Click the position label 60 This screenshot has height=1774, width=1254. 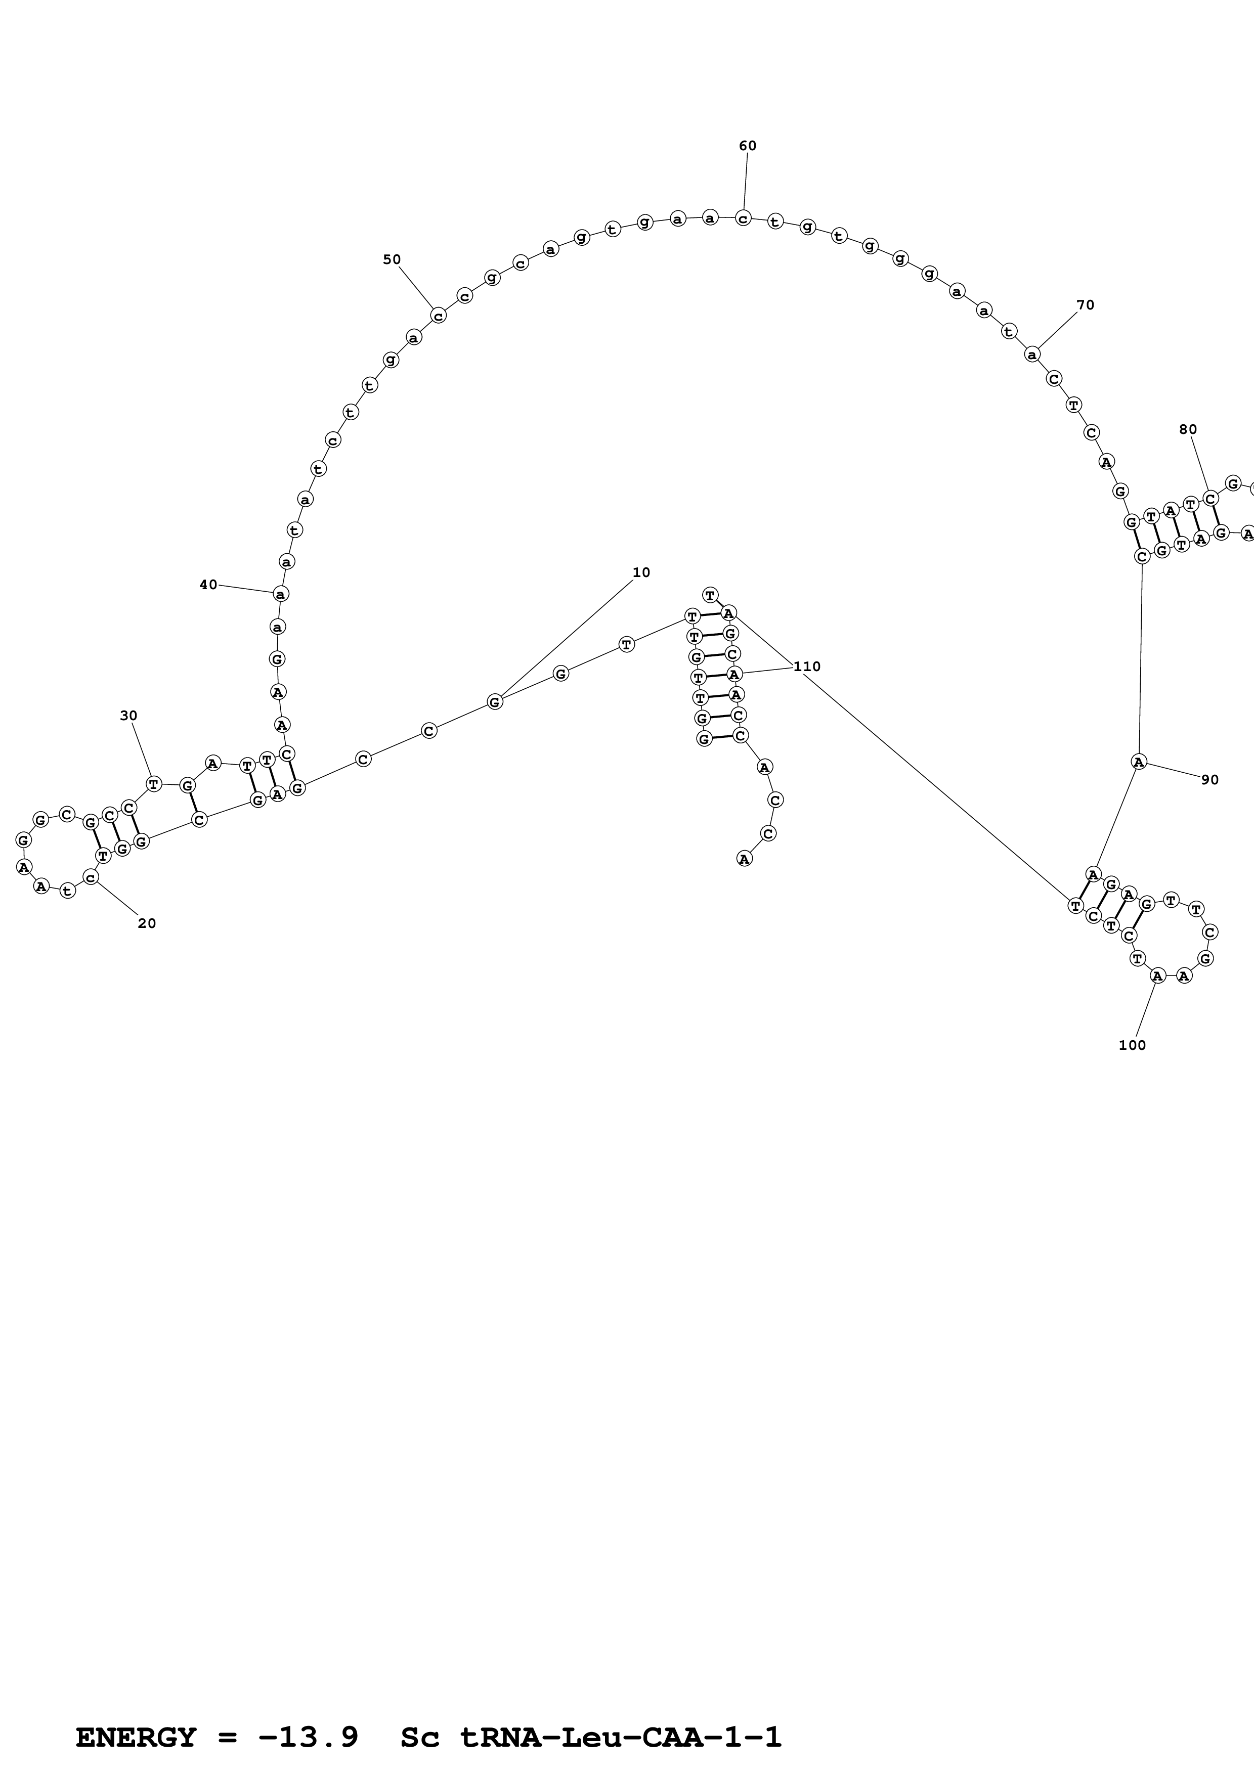tap(747, 146)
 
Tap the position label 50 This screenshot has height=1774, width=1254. tap(392, 259)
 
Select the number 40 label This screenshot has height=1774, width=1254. tap(208, 585)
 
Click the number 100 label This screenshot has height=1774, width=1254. tap(1132, 1045)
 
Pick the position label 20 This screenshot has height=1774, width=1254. tap(147, 923)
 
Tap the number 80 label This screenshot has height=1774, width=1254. tap(1188, 429)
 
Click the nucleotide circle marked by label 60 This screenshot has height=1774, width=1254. tap(743, 218)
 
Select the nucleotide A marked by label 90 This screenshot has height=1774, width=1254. tap(1138, 761)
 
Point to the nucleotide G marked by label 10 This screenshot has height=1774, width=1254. tap(495, 701)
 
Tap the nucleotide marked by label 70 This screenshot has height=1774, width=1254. tap(1032, 354)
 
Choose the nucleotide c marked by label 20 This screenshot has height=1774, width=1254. tap(91, 878)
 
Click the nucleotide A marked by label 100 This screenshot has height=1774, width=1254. tap(1157, 976)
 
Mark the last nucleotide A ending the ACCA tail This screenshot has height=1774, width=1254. tap(744, 858)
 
